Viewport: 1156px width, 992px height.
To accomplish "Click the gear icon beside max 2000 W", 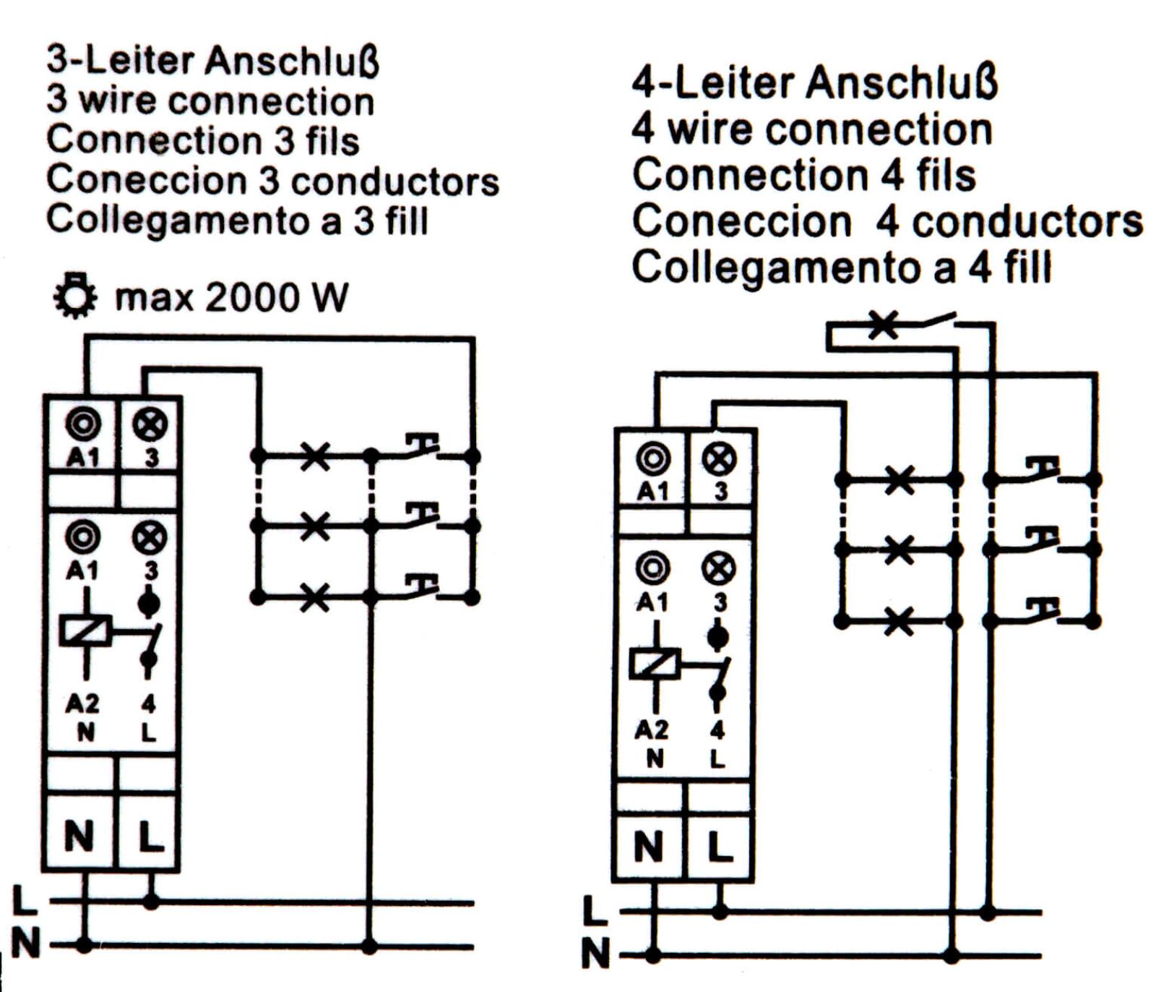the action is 75,296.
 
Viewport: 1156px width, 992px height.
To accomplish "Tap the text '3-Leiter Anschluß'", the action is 213,60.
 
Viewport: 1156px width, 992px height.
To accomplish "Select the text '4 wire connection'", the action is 812,130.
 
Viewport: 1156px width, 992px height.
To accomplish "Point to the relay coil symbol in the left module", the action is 86,630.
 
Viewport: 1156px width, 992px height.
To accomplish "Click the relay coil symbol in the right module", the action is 655,663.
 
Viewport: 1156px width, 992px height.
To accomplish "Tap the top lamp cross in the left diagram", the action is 315,456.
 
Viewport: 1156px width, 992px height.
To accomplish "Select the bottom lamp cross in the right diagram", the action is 899,620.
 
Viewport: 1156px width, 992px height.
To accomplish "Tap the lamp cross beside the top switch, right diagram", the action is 882,325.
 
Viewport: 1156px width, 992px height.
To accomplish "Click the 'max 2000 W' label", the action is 231,297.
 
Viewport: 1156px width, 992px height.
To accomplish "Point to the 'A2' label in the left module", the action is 82,703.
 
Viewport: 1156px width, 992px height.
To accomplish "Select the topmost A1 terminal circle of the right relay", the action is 653,458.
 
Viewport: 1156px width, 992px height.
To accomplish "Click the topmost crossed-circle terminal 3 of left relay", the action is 150,424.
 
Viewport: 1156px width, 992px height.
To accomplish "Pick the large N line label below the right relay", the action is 596,953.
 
